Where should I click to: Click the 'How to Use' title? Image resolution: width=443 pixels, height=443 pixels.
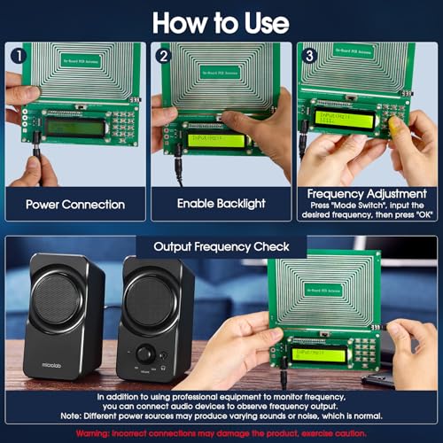(221, 20)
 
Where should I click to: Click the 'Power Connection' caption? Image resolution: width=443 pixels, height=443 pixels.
(74, 204)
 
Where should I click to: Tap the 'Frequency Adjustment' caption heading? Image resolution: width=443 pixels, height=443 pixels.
(367, 193)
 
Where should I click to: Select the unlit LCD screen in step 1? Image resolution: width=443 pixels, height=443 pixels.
(74, 127)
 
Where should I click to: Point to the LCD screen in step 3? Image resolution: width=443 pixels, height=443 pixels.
(345, 118)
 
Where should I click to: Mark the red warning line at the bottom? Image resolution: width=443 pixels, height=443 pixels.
(221, 433)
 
